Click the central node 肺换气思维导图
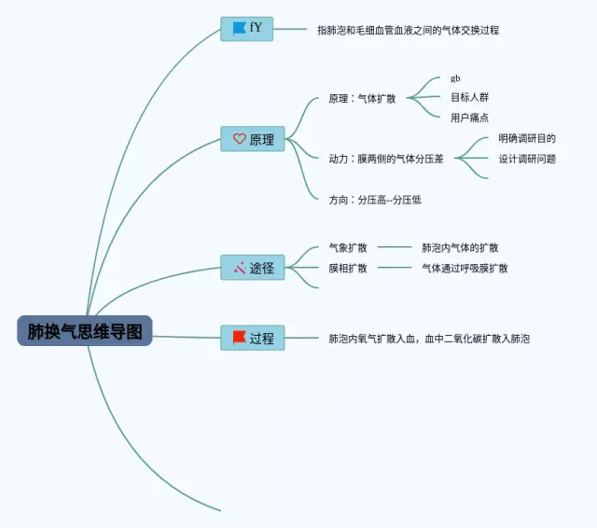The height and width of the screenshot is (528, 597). tap(85, 331)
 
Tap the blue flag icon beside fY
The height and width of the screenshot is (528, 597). tap(239, 29)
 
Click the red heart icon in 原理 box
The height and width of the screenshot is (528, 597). tap(240, 139)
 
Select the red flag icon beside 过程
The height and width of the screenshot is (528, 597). tap(239, 338)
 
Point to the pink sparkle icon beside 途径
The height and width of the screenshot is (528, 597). tap(240, 268)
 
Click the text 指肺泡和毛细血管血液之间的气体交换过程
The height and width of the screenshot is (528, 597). tap(409, 30)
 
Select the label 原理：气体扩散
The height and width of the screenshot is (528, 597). tap(362, 99)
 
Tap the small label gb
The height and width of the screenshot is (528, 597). tap(455, 78)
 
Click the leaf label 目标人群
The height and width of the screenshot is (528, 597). tap(469, 97)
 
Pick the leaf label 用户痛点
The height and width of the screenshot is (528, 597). tap(469, 118)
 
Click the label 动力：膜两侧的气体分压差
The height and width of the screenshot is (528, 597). tap(386, 159)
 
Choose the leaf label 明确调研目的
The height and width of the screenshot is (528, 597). tap(527, 138)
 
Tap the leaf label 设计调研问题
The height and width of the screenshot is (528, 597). tap(527, 159)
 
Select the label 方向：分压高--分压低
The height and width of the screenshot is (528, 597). tap(375, 200)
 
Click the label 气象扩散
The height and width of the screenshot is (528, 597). tap(348, 248)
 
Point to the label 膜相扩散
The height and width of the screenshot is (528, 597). tap(348, 269)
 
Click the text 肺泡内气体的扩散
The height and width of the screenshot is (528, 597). tap(460, 248)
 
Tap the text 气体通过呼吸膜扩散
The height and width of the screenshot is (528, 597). tap(465, 269)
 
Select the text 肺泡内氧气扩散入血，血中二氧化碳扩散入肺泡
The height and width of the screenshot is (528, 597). tap(429, 339)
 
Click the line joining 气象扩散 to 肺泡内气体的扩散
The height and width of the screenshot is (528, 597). tap(395, 247)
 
